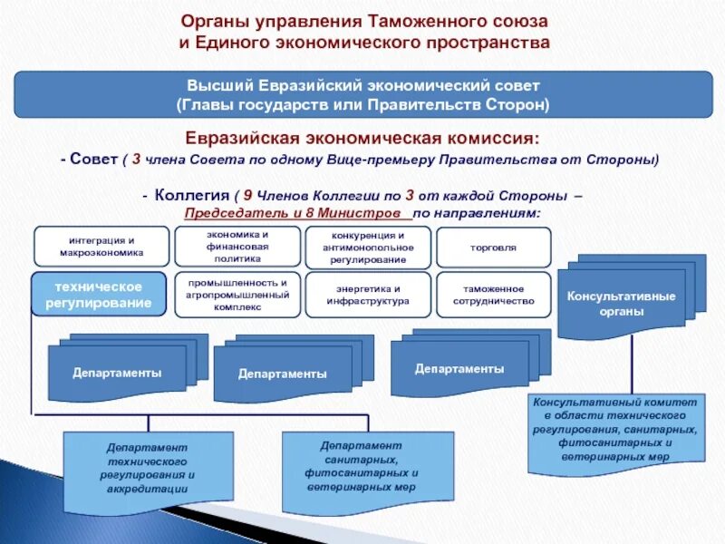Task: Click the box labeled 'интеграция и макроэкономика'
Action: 101,247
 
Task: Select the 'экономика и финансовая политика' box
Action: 237,246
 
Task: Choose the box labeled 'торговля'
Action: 493,247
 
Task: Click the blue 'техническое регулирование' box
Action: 99,294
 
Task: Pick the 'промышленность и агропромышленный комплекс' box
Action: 237,294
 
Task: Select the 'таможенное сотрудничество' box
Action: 493,294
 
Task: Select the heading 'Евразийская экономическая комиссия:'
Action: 362,139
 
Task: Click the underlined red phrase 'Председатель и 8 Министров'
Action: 293,213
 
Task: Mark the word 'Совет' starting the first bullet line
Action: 94,160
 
